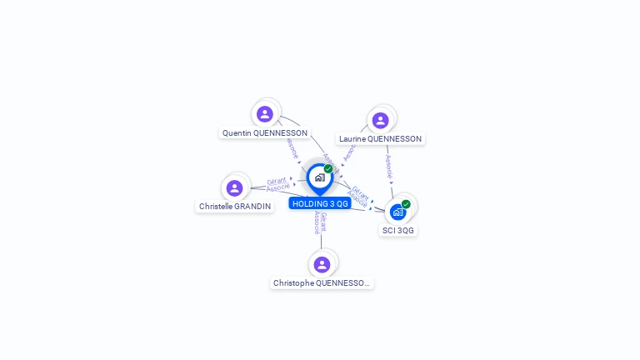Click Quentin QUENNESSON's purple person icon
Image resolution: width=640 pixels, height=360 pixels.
coord(265,114)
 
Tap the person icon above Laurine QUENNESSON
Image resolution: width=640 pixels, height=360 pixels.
coord(381,121)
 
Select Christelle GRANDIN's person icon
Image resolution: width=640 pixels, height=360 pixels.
coord(235,188)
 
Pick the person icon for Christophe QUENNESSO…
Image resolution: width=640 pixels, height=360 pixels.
coord(322,265)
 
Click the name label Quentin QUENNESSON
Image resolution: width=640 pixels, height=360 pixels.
coord(264,133)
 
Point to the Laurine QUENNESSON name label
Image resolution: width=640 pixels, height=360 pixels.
coord(380,139)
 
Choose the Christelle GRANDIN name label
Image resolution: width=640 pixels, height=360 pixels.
coord(235,207)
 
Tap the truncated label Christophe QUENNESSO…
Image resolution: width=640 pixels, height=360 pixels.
coord(322,283)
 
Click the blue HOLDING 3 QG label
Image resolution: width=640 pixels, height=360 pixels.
coord(320,204)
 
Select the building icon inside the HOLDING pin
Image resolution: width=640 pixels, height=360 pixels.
coord(319,177)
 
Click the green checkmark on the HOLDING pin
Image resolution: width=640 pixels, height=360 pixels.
coord(328,169)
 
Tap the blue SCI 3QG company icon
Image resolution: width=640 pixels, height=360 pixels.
coord(397,212)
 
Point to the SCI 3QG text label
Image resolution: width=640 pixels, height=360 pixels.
coord(398,231)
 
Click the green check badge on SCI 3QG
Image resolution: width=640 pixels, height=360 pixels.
coord(406,204)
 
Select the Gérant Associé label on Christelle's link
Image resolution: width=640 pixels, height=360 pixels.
coord(277,184)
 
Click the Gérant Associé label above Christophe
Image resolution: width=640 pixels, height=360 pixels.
coord(320,222)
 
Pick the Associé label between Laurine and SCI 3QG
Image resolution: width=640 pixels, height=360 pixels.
coord(388,167)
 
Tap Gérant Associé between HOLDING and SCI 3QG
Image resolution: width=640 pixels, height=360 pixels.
coord(359,196)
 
